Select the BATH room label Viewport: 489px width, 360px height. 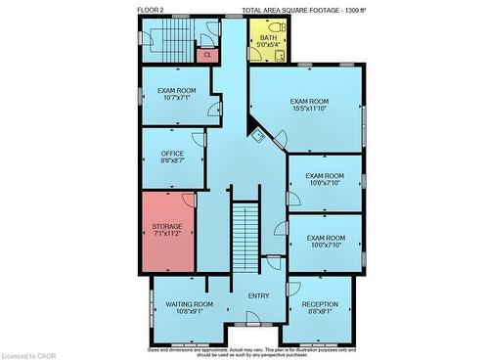(268, 37)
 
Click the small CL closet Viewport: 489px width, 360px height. (207, 55)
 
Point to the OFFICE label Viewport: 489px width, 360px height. (172, 154)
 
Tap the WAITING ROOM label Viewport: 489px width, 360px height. (189, 304)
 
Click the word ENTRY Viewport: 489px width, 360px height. (258, 296)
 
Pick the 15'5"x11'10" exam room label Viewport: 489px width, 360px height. (309, 108)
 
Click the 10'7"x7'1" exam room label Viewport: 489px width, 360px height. (177, 98)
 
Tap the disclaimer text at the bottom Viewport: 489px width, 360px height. (252, 350)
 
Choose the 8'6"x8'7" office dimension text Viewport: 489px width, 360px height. (172, 160)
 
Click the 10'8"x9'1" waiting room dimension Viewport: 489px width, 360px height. (189, 312)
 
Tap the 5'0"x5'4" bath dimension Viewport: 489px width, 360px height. (268, 45)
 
